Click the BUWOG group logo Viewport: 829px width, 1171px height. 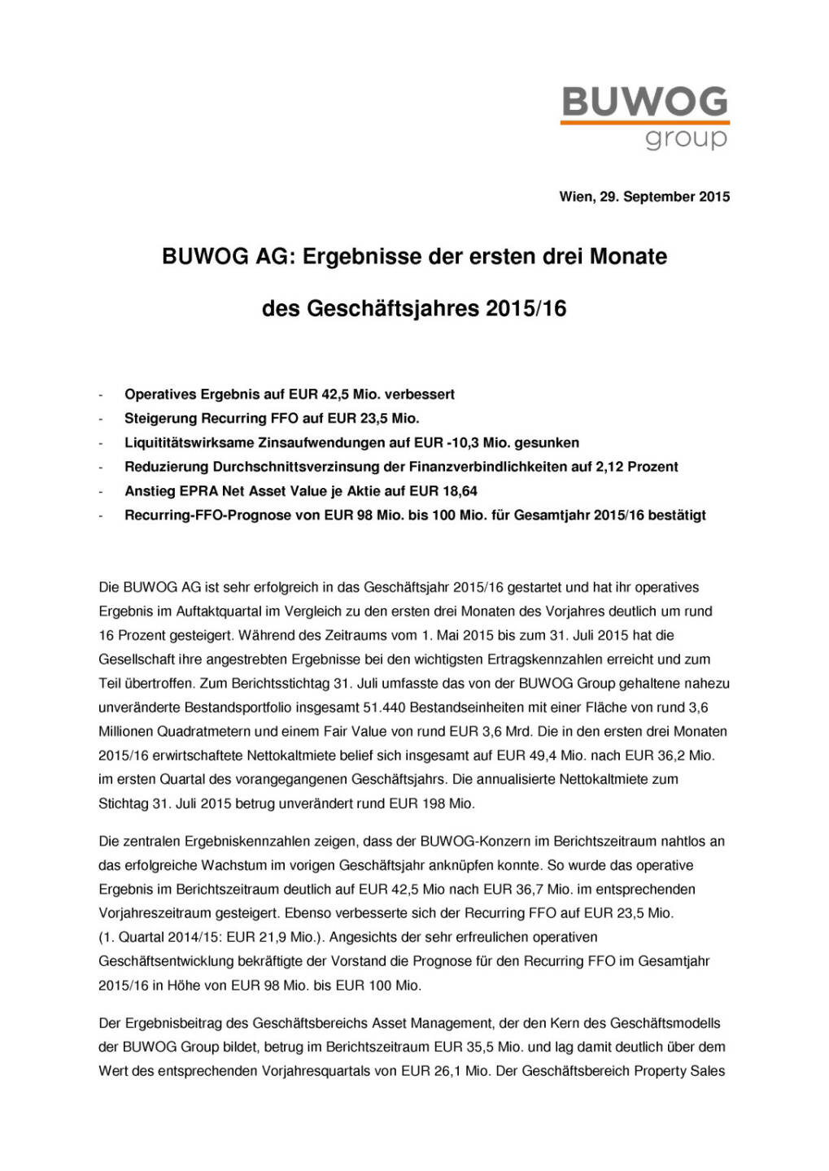(x=644, y=119)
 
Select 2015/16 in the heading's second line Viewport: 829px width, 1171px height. (x=526, y=309)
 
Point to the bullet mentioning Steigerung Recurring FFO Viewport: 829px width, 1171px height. (x=271, y=419)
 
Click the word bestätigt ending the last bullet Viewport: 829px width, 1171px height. (x=677, y=515)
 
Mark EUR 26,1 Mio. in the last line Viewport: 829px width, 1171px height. (x=445, y=1071)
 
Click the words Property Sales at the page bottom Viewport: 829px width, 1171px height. (x=677, y=1071)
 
